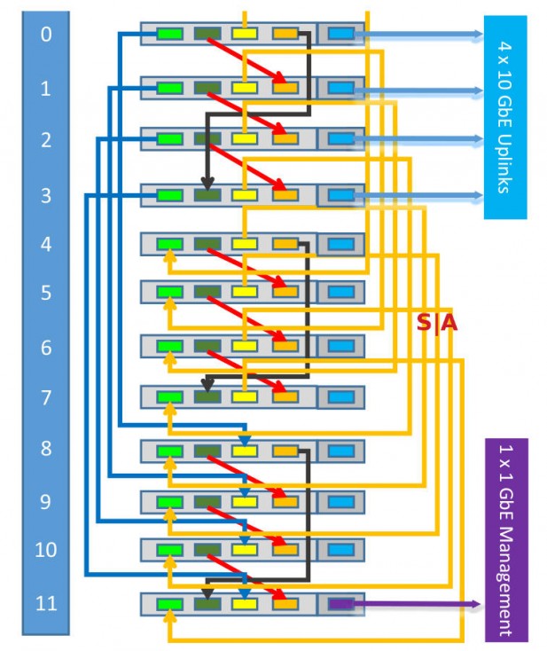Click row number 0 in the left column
(x=46, y=35)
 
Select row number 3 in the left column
(x=46, y=195)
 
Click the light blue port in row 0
(x=340, y=35)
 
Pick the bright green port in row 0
(x=169, y=35)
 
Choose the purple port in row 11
(x=340, y=604)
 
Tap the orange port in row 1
(x=285, y=88)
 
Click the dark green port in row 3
(x=207, y=194)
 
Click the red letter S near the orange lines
(x=424, y=324)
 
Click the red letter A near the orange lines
(x=449, y=324)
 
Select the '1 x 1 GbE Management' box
(x=506, y=539)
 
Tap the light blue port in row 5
(x=340, y=291)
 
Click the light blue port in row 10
(x=340, y=550)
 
